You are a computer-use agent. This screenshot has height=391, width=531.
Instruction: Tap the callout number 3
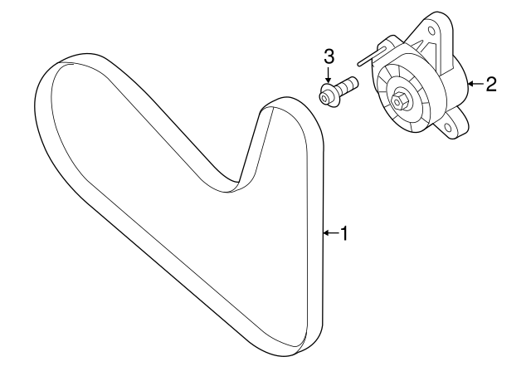click(x=329, y=56)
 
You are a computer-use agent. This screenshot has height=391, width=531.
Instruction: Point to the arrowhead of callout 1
click(x=325, y=234)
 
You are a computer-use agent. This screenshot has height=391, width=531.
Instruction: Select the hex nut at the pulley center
click(x=400, y=101)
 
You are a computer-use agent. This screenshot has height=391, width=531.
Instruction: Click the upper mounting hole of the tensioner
click(x=431, y=33)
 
